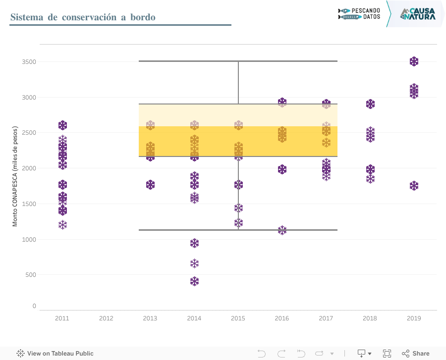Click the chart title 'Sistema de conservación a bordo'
tap(83, 17)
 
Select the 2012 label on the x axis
tap(106, 318)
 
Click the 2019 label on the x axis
tap(414, 318)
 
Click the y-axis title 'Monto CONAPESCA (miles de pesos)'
tap(15, 176)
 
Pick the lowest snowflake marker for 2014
tap(194, 281)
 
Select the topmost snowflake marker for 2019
tap(414, 61)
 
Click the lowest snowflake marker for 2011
tap(62, 225)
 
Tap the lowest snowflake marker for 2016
tap(282, 230)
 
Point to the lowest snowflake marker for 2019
tap(414, 186)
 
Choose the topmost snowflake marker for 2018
tap(370, 104)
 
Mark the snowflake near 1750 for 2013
tap(150, 185)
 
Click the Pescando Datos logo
tap(359, 13)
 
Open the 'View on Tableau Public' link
tap(55, 354)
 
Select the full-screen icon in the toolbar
tap(387, 354)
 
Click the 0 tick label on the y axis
tap(34, 306)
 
